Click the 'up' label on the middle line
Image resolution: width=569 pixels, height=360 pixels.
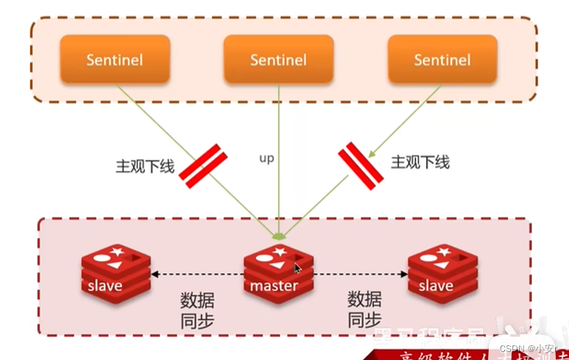point(266,158)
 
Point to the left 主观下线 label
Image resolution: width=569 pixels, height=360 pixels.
point(145,166)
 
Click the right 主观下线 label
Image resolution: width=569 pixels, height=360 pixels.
point(420,162)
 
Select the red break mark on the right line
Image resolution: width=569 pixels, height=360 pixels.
point(361,166)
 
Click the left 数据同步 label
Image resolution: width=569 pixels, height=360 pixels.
point(197,309)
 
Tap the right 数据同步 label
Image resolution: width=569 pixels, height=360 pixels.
point(364,309)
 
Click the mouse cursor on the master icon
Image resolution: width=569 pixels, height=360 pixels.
point(297,269)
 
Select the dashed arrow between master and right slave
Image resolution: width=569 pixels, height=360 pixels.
point(361,275)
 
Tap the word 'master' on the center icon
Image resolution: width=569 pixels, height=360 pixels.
point(274,286)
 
